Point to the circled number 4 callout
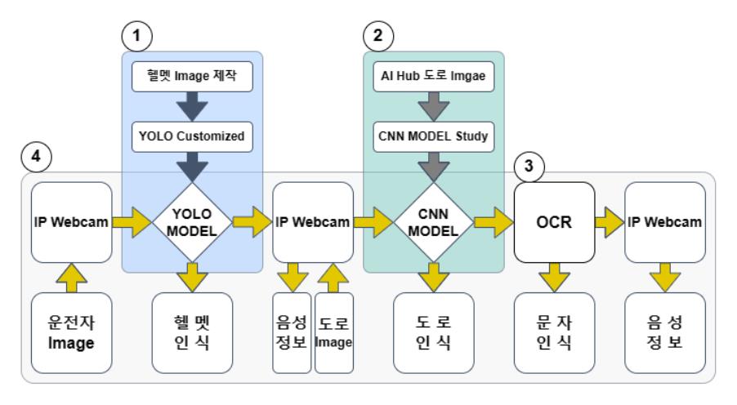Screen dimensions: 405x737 click(x=33, y=156)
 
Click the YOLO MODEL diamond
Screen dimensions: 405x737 click(x=193, y=220)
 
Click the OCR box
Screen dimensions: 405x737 click(x=554, y=221)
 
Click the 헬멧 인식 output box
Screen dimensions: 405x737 click(x=193, y=332)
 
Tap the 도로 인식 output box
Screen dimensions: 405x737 click(x=434, y=332)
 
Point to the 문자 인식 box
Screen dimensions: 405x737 click(x=554, y=332)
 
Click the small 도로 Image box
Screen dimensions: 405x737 click(x=333, y=332)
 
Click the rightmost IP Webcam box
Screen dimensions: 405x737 click(x=664, y=221)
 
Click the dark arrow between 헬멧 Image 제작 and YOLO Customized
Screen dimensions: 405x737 click(x=192, y=106)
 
